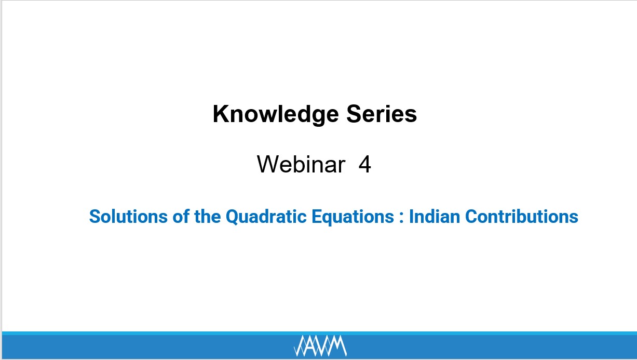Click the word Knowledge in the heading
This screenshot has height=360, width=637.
click(276, 114)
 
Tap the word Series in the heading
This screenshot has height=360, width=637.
click(382, 114)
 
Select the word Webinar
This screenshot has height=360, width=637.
click(301, 164)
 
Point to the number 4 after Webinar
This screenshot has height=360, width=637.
click(365, 164)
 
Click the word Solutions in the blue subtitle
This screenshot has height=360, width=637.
click(128, 216)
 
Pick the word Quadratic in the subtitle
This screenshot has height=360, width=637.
click(266, 217)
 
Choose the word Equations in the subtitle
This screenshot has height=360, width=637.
click(353, 217)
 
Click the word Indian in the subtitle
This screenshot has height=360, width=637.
click(435, 216)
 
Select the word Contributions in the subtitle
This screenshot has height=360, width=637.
click(522, 216)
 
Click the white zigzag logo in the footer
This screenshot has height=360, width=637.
click(320, 346)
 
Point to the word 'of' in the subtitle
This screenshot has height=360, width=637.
click(181, 216)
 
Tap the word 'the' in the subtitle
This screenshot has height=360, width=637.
click(208, 216)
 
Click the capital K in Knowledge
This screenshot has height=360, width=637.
click(221, 114)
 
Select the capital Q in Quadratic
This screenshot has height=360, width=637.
click(233, 217)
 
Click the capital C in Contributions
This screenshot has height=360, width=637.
click(472, 217)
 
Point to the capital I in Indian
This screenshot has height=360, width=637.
click(411, 217)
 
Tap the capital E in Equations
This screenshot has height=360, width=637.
click(317, 217)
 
